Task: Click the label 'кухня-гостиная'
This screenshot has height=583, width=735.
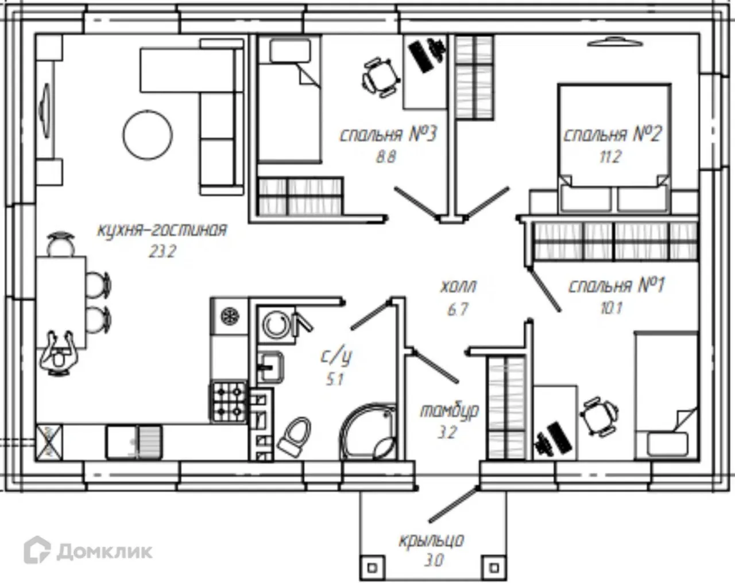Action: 163,231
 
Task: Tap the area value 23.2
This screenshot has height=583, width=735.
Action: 163,252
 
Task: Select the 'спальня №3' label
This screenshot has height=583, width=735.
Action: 388,134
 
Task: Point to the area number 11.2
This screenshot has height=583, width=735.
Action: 610,157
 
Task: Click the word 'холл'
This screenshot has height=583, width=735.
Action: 458,287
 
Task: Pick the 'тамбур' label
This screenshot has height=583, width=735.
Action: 449,411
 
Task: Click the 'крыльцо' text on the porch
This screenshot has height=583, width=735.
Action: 432,541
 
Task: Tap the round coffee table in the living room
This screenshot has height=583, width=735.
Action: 148,134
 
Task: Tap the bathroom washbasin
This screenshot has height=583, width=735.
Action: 271,367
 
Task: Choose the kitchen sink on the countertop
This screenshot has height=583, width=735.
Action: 134,442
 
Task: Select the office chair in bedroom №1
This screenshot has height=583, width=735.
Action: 599,416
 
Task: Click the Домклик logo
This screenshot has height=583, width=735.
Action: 88,550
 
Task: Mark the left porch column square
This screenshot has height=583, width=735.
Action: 373,568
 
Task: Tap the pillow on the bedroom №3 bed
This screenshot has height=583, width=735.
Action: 291,51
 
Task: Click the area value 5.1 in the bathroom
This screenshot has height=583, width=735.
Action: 335,380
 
